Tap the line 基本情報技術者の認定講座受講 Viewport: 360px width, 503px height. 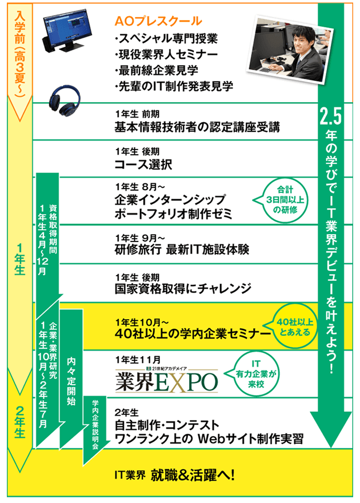point(197,127)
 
